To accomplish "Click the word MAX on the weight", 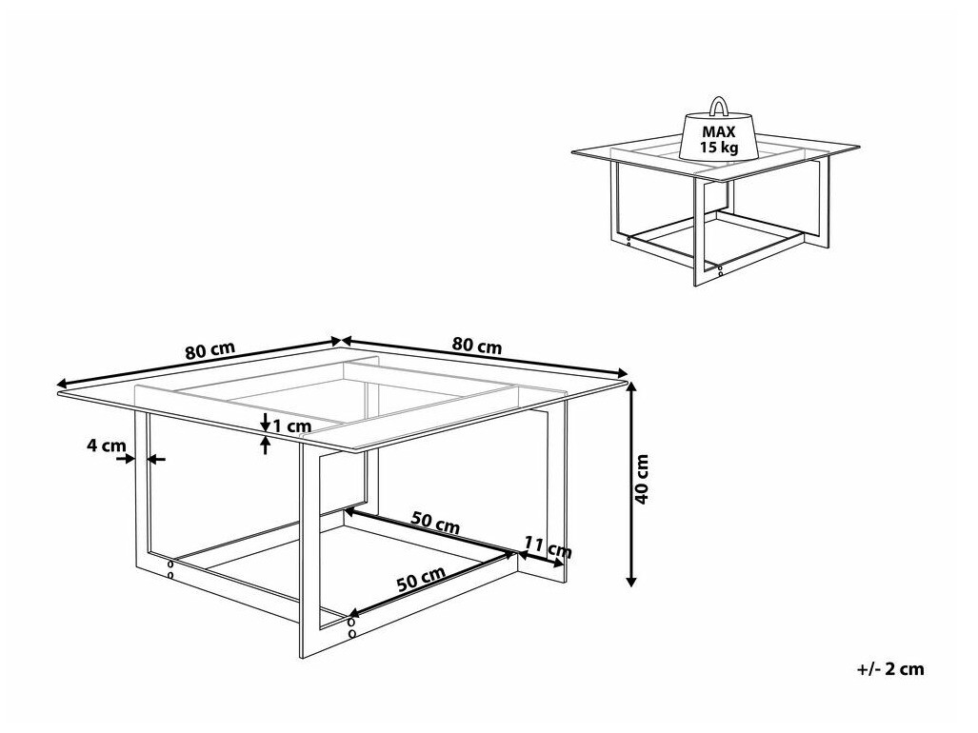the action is (x=719, y=132).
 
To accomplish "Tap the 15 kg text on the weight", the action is (x=719, y=148).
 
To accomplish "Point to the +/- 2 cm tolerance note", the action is (x=890, y=669).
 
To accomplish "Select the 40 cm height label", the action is (x=643, y=479).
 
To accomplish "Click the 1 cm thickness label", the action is (x=292, y=427).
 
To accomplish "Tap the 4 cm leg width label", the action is (x=106, y=446).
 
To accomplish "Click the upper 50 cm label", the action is (x=435, y=523).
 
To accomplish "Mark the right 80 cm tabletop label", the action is (x=477, y=346).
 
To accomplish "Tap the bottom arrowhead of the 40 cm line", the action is (x=631, y=581).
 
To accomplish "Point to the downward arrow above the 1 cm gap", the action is (x=266, y=422).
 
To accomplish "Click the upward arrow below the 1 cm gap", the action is (x=266, y=446).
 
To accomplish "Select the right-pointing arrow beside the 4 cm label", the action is (x=125, y=459).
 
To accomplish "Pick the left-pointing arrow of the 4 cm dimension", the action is (x=156, y=460).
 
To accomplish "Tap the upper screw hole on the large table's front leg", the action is (x=351, y=622).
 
